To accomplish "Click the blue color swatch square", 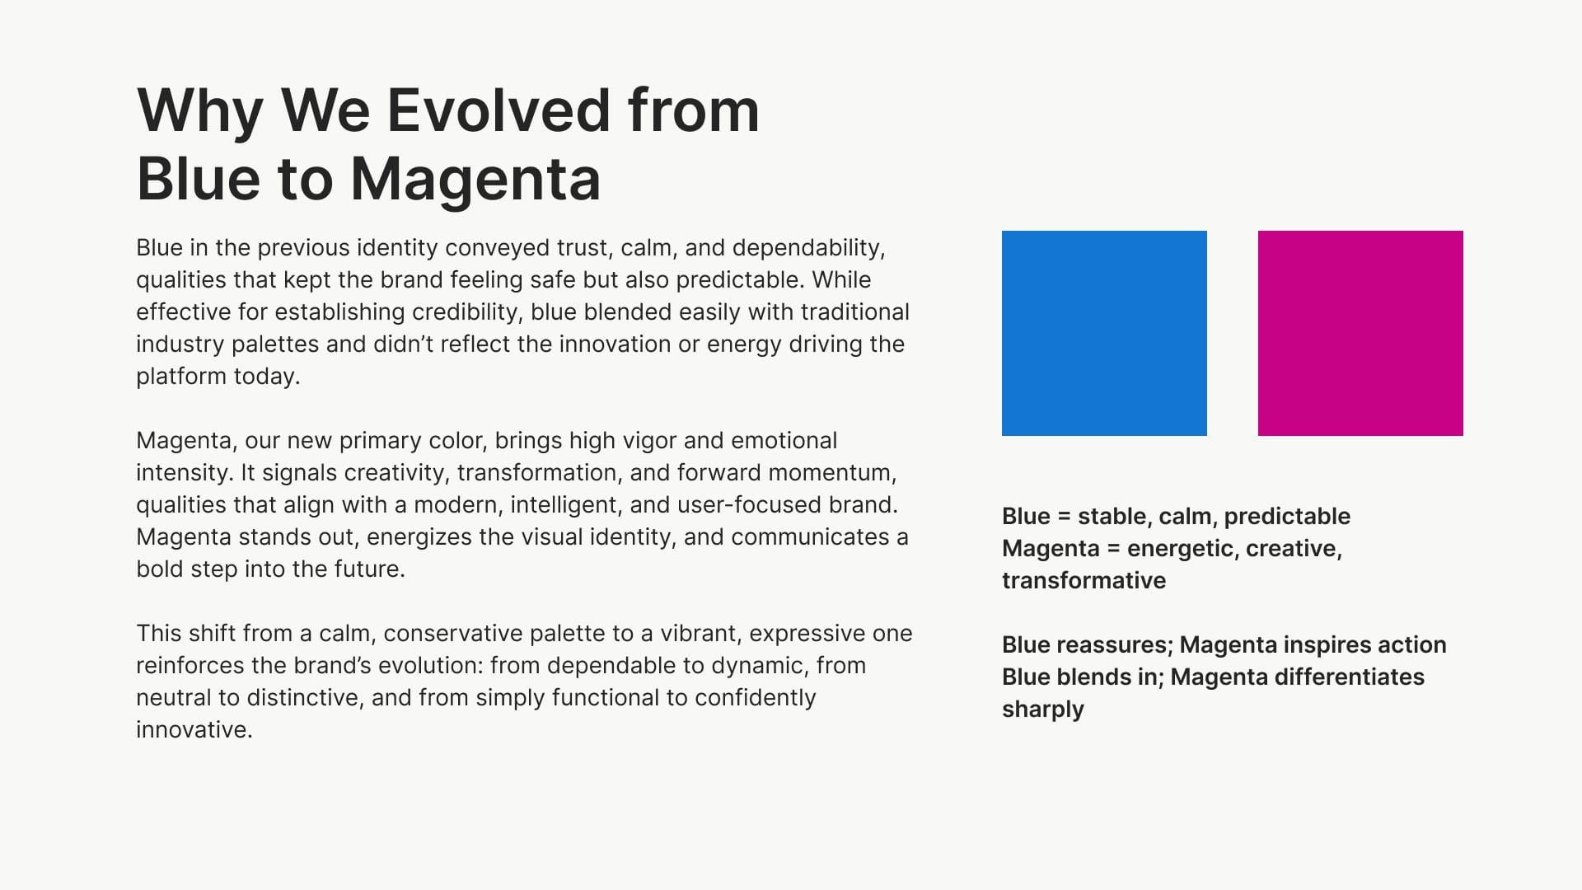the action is [x=1104, y=333].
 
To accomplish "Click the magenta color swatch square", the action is [x=1360, y=333].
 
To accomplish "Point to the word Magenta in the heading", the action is [x=475, y=180].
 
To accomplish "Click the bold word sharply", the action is [x=1043, y=710].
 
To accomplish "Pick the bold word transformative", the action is [x=1084, y=581].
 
